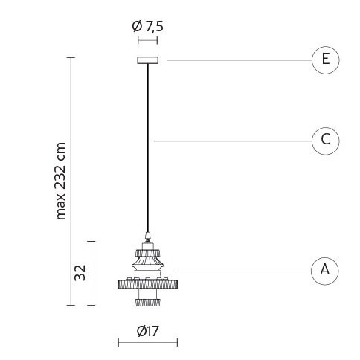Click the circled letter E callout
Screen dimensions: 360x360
coord(325,60)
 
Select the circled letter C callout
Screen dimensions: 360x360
coord(325,141)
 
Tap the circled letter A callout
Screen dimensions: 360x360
coord(325,271)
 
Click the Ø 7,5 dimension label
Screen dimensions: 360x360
coord(148,26)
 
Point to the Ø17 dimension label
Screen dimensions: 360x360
coord(148,331)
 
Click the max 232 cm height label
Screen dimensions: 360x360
coord(60,181)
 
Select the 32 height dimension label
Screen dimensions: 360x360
coord(80,273)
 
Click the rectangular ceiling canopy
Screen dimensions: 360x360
coord(148,60)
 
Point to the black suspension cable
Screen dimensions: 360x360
coord(148,148)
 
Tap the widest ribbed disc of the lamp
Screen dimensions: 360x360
coord(148,284)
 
